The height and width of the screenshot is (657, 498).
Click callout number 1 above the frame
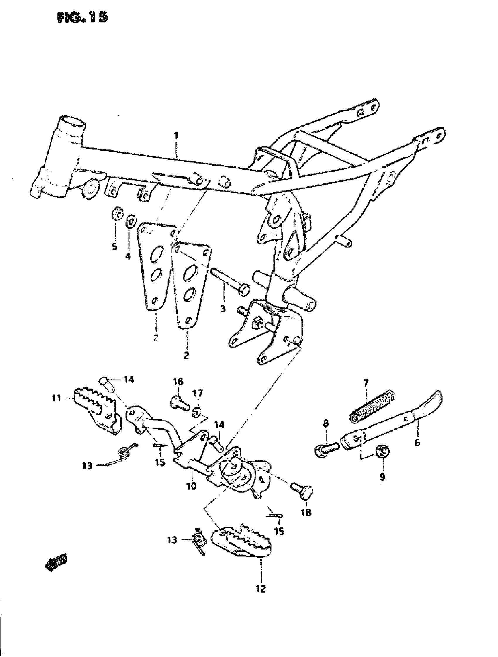click(x=176, y=136)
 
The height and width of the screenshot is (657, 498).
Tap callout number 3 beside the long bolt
click(x=223, y=309)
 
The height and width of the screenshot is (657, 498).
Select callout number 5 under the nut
click(x=115, y=246)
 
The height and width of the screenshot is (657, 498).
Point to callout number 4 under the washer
click(x=128, y=256)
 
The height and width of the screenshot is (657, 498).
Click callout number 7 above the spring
click(x=365, y=384)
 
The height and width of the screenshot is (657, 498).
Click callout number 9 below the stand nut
click(x=382, y=477)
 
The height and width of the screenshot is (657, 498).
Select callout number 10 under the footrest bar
click(x=192, y=486)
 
